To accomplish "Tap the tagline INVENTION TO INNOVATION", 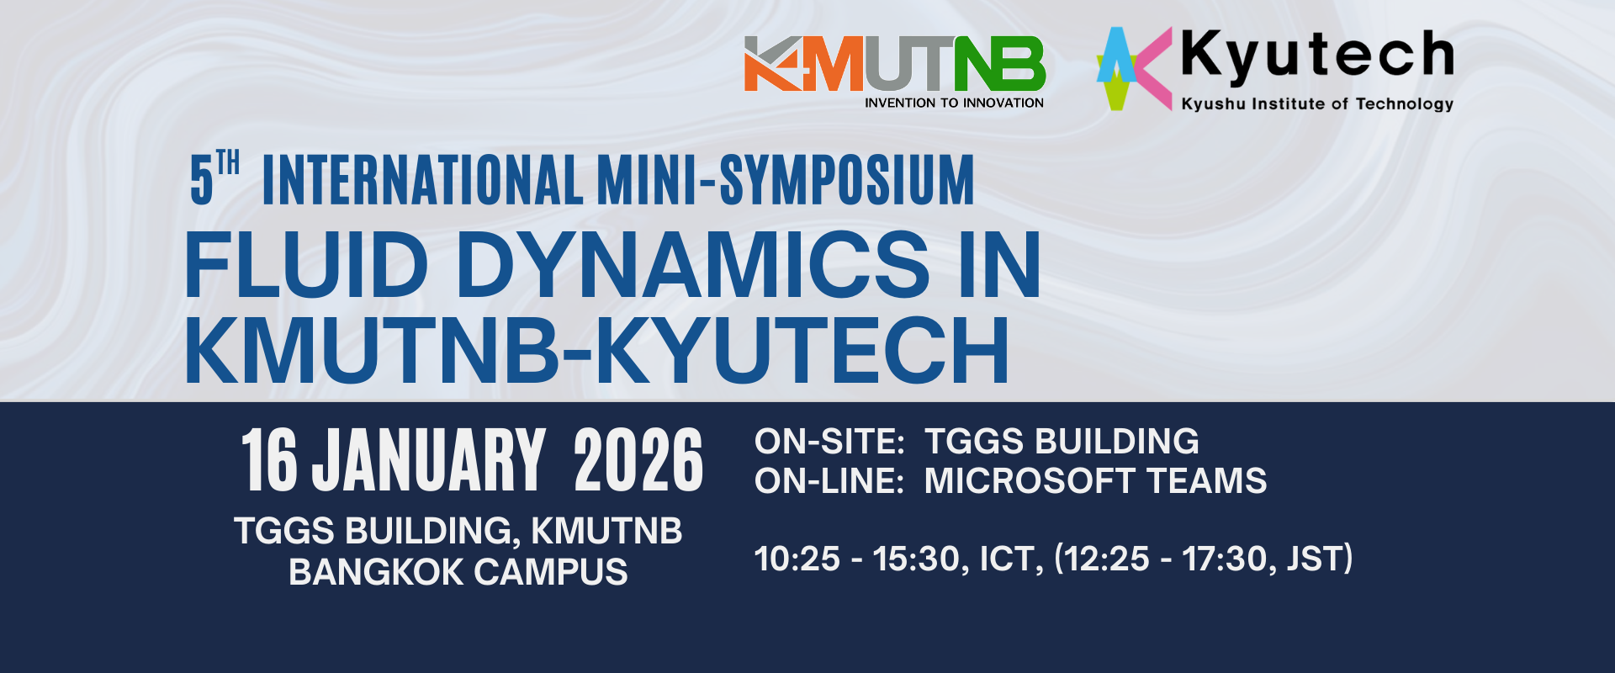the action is click(954, 103).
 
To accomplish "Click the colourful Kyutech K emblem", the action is click(1134, 68).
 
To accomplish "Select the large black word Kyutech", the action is click(1317, 56).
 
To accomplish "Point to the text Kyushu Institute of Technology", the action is click(1317, 103).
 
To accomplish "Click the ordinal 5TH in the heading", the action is click(214, 178).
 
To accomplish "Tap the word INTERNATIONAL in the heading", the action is click(422, 179).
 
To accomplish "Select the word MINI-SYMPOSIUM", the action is click(786, 179).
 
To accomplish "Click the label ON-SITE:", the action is click(829, 442).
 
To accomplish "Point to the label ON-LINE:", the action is click(829, 481).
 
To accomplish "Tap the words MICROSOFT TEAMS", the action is click(1095, 481).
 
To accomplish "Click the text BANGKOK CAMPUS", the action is click(458, 572).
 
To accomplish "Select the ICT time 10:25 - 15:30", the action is click(858, 559).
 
